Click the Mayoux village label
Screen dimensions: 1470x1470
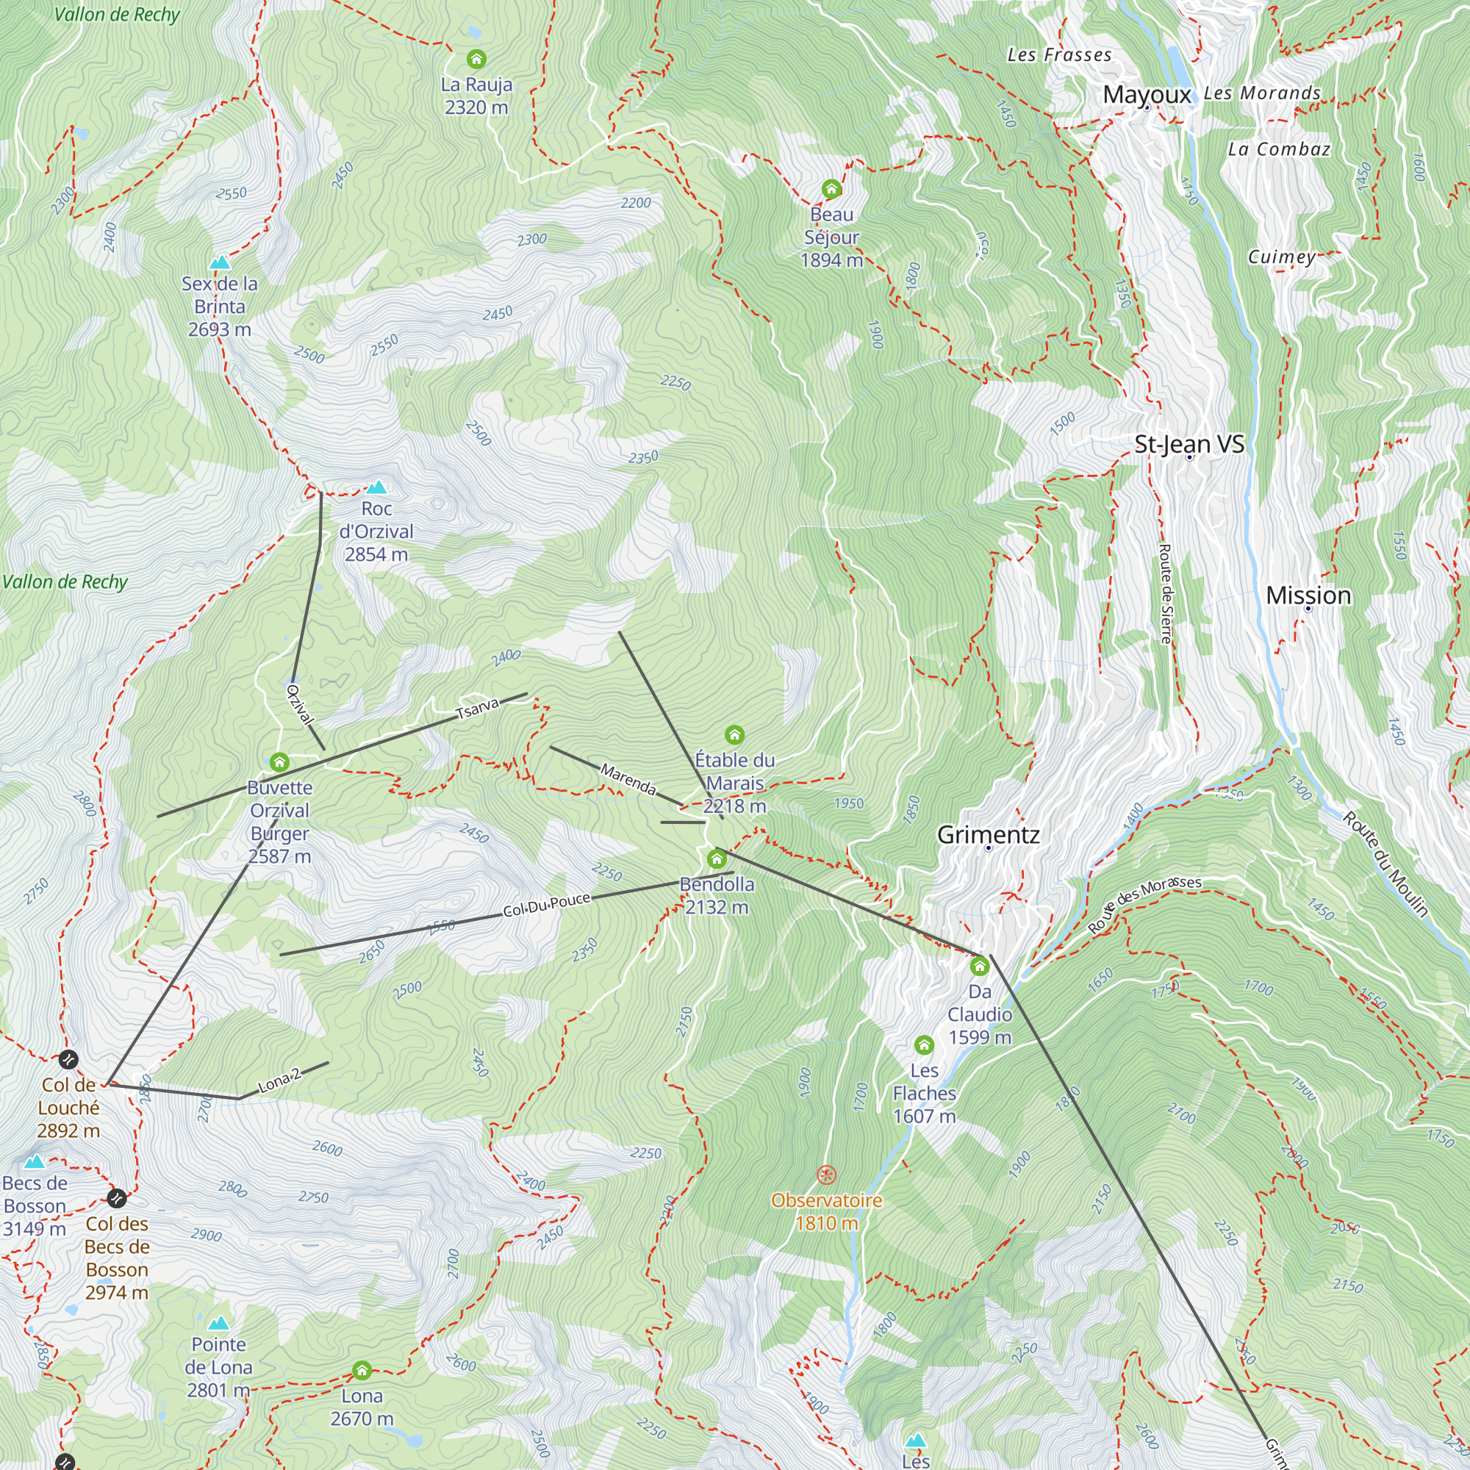coord(1147,95)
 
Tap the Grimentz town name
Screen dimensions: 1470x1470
coord(988,835)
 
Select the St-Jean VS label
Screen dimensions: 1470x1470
coord(1188,444)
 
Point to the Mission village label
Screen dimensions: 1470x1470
coord(1308,595)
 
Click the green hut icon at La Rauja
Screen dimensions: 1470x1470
coord(476,59)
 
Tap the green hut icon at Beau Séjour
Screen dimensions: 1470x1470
coord(831,189)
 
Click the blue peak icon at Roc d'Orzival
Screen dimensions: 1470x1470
coord(376,487)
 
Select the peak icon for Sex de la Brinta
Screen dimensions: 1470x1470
coord(220,262)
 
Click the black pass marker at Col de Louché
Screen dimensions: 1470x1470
coord(68,1059)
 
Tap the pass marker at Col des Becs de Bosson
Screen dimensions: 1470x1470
coord(116,1198)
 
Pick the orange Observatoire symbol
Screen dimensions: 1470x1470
coord(826,1175)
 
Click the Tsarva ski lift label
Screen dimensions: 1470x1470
coord(477,709)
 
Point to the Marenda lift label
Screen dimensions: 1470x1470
coord(628,779)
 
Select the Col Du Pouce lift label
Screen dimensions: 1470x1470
coord(546,905)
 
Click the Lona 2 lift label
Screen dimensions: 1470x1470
coord(279,1080)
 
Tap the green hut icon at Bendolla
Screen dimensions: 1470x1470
coord(717,860)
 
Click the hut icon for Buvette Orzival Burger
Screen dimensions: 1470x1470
coord(279,761)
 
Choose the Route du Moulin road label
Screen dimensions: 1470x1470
coord(1385,864)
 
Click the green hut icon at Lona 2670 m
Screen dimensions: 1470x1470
coord(362,1371)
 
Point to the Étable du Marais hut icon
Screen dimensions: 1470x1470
coord(734,734)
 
